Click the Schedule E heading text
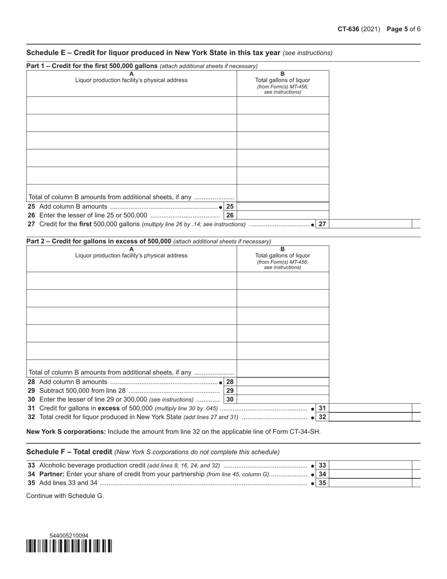tap(153, 53)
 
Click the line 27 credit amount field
tap(370, 224)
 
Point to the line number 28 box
tap(230, 382)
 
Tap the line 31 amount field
tap(370, 408)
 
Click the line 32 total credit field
tap(370, 417)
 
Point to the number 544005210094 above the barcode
tap(69, 536)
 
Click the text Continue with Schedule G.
tap(65, 496)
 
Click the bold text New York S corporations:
tap(66, 432)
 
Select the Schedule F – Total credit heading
tap(69, 452)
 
